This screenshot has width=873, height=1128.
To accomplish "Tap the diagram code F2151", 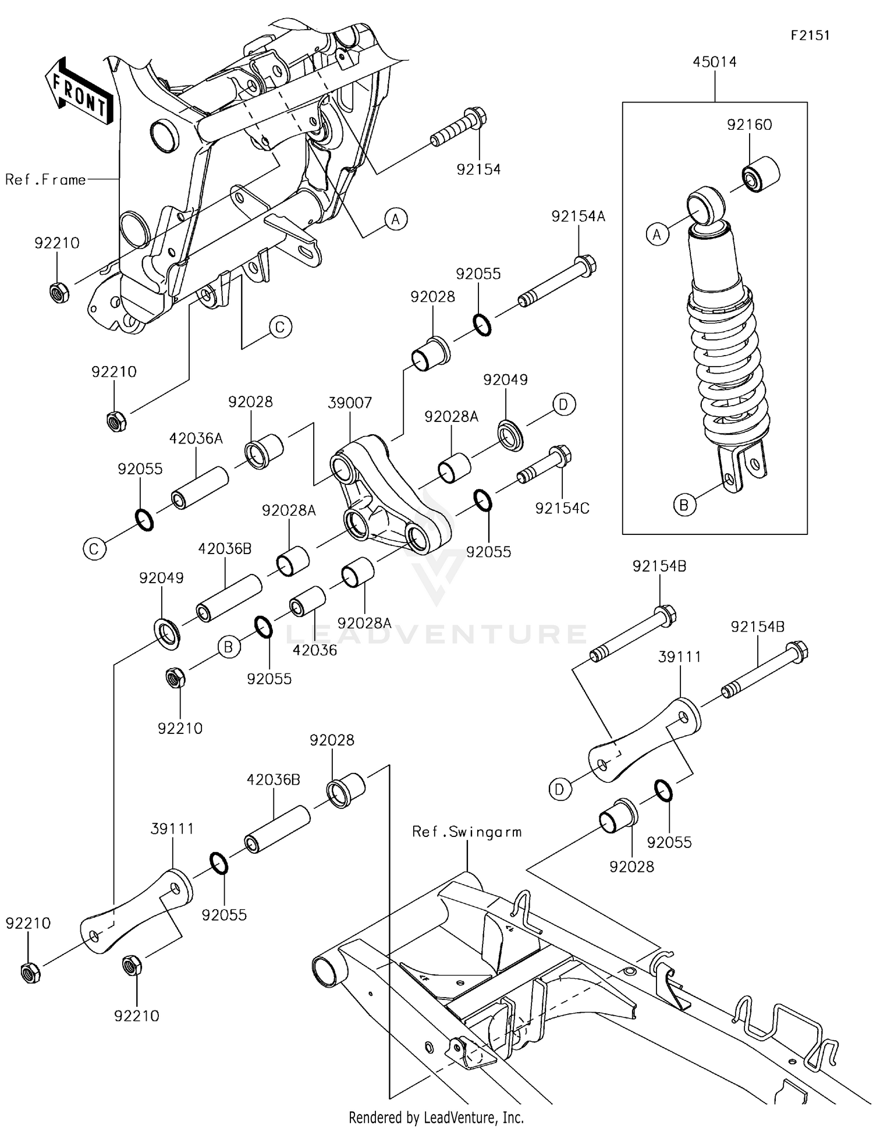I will click(810, 36).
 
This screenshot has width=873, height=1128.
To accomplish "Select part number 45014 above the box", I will click(714, 62).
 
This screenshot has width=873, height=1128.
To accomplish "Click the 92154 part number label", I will click(478, 169).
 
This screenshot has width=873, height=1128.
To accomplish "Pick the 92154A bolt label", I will click(578, 217).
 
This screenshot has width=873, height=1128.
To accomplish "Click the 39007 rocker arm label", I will click(349, 403).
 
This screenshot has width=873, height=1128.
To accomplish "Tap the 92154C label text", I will click(562, 508).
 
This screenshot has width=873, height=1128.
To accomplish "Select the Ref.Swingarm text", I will click(467, 832).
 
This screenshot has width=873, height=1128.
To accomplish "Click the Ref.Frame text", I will click(45, 180).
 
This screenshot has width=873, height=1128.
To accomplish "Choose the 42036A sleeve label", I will click(196, 438).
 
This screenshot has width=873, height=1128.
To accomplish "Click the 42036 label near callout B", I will click(314, 650).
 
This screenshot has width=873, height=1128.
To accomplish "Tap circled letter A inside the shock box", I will click(657, 235).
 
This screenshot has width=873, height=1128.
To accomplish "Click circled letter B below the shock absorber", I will click(684, 505).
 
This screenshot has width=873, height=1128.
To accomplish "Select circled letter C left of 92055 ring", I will click(94, 548).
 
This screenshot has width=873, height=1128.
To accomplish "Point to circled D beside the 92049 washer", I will click(563, 404).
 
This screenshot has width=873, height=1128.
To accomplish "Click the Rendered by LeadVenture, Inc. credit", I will click(436, 1117).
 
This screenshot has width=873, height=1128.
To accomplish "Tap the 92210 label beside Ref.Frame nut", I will click(56, 243).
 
